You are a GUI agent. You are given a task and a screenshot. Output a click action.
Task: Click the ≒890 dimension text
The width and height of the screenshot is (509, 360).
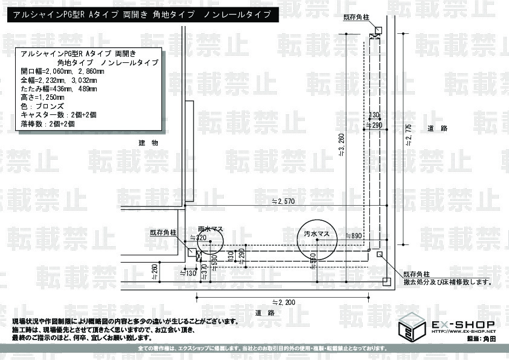[353, 235]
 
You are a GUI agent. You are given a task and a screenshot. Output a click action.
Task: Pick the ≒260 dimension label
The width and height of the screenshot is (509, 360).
[154, 272]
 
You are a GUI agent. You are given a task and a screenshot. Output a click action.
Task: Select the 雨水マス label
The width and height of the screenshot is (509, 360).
[211, 229]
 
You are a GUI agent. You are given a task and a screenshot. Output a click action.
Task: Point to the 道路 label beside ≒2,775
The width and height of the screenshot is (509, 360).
[436, 128]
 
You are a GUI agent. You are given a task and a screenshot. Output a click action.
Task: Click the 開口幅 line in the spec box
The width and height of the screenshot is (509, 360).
[63, 71]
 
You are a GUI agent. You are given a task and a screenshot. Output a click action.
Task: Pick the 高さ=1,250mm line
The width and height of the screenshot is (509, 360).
[43, 97]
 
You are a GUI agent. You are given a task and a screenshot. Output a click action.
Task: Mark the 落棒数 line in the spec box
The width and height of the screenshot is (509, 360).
[48, 123]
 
